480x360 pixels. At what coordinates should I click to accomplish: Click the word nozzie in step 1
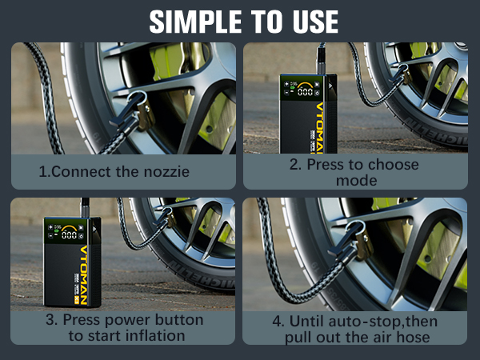click(x=167, y=172)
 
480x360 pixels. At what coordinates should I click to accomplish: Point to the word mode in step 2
click(x=356, y=181)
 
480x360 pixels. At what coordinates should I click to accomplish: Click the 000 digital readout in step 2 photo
click(x=305, y=91)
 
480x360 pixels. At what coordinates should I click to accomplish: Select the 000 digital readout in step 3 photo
click(x=69, y=234)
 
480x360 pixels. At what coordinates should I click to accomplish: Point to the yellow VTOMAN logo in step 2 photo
click(x=319, y=128)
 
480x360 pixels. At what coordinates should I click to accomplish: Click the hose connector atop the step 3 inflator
click(x=85, y=208)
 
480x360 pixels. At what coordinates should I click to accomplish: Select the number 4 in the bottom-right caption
click(x=278, y=322)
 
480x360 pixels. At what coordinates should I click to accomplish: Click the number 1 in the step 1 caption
click(x=43, y=172)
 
